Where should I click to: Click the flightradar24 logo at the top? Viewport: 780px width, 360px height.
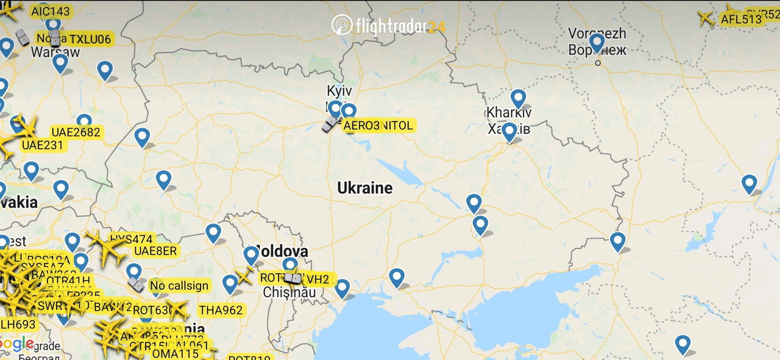389,26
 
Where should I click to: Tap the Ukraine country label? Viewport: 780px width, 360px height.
365,188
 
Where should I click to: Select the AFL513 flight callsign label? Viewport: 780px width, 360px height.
741,19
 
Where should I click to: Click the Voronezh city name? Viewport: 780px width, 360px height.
597,33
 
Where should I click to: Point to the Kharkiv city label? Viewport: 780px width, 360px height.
508,113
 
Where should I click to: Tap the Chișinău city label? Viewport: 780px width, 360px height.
289,292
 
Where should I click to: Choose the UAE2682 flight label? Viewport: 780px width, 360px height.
76,132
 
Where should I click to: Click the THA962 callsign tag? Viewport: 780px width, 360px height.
221,310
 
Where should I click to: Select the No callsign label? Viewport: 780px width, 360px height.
179,285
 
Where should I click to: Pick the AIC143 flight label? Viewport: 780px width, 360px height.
51,11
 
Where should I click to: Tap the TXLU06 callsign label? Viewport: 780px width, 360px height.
90,40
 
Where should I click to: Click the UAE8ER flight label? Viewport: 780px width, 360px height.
155,251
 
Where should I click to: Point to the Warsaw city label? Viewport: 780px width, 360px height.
55,52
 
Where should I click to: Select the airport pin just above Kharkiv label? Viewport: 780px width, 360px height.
518,97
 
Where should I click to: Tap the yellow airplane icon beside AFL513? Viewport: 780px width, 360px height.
706,18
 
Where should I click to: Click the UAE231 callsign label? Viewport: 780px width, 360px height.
42,145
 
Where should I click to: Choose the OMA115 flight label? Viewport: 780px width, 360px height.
175,354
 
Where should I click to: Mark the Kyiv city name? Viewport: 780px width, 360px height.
339,91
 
